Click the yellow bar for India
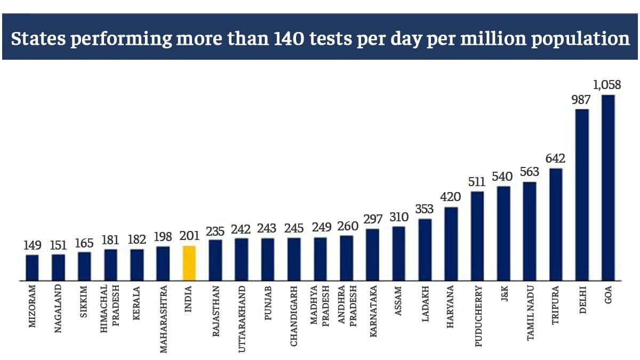(189, 263)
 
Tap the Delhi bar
(582, 195)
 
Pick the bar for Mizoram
(32, 268)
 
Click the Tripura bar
(556, 225)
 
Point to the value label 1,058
(607, 85)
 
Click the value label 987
(582, 99)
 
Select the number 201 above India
(189, 236)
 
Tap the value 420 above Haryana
(451, 197)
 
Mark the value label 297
(372, 219)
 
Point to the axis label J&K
(503, 297)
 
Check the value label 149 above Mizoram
(32, 245)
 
